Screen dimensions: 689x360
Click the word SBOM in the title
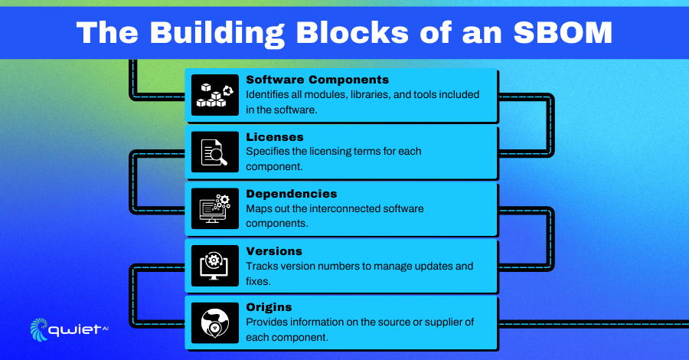563,32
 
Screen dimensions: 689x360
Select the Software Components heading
317,80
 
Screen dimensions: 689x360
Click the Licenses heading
275,136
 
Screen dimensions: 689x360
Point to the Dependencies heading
292,194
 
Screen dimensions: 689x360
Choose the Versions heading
274,251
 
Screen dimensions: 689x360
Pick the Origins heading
269,307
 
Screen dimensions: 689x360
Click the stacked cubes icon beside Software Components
215,95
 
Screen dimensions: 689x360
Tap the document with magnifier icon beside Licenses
215,152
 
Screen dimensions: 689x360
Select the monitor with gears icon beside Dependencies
215,208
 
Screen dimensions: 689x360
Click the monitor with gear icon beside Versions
215,266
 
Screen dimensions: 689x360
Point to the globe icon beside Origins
215,322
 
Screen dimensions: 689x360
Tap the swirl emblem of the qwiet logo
39,329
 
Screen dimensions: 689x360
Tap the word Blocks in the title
352,32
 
